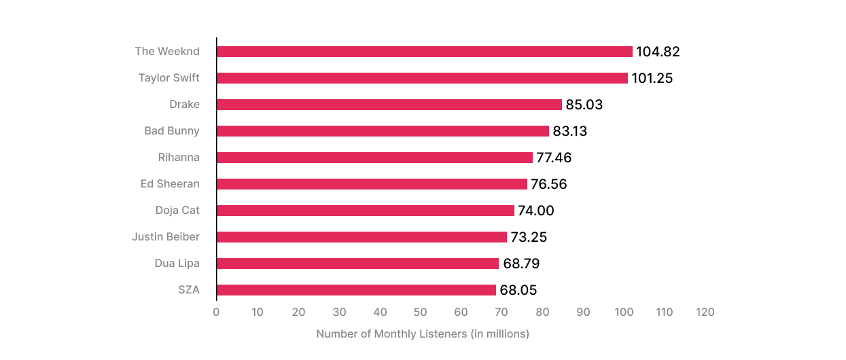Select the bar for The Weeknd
[424, 52]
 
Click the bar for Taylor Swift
[422, 78]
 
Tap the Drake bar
[389, 105]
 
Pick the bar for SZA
[356, 290]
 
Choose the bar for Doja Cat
[366, 211]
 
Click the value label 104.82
[658, 52]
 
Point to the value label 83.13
[569, 131]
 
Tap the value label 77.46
[554, 158]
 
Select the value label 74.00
[536, 211]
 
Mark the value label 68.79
[521, 264]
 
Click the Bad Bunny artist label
[172, 130]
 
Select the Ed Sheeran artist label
[170, 183]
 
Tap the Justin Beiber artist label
[166, 236]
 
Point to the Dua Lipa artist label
[177, 263]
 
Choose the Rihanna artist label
[179, 157]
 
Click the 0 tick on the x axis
[216, 312]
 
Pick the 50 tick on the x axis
[420, 312]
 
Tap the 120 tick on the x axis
[705, 312]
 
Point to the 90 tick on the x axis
[583, 312]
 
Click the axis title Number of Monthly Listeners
[422, 334]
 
